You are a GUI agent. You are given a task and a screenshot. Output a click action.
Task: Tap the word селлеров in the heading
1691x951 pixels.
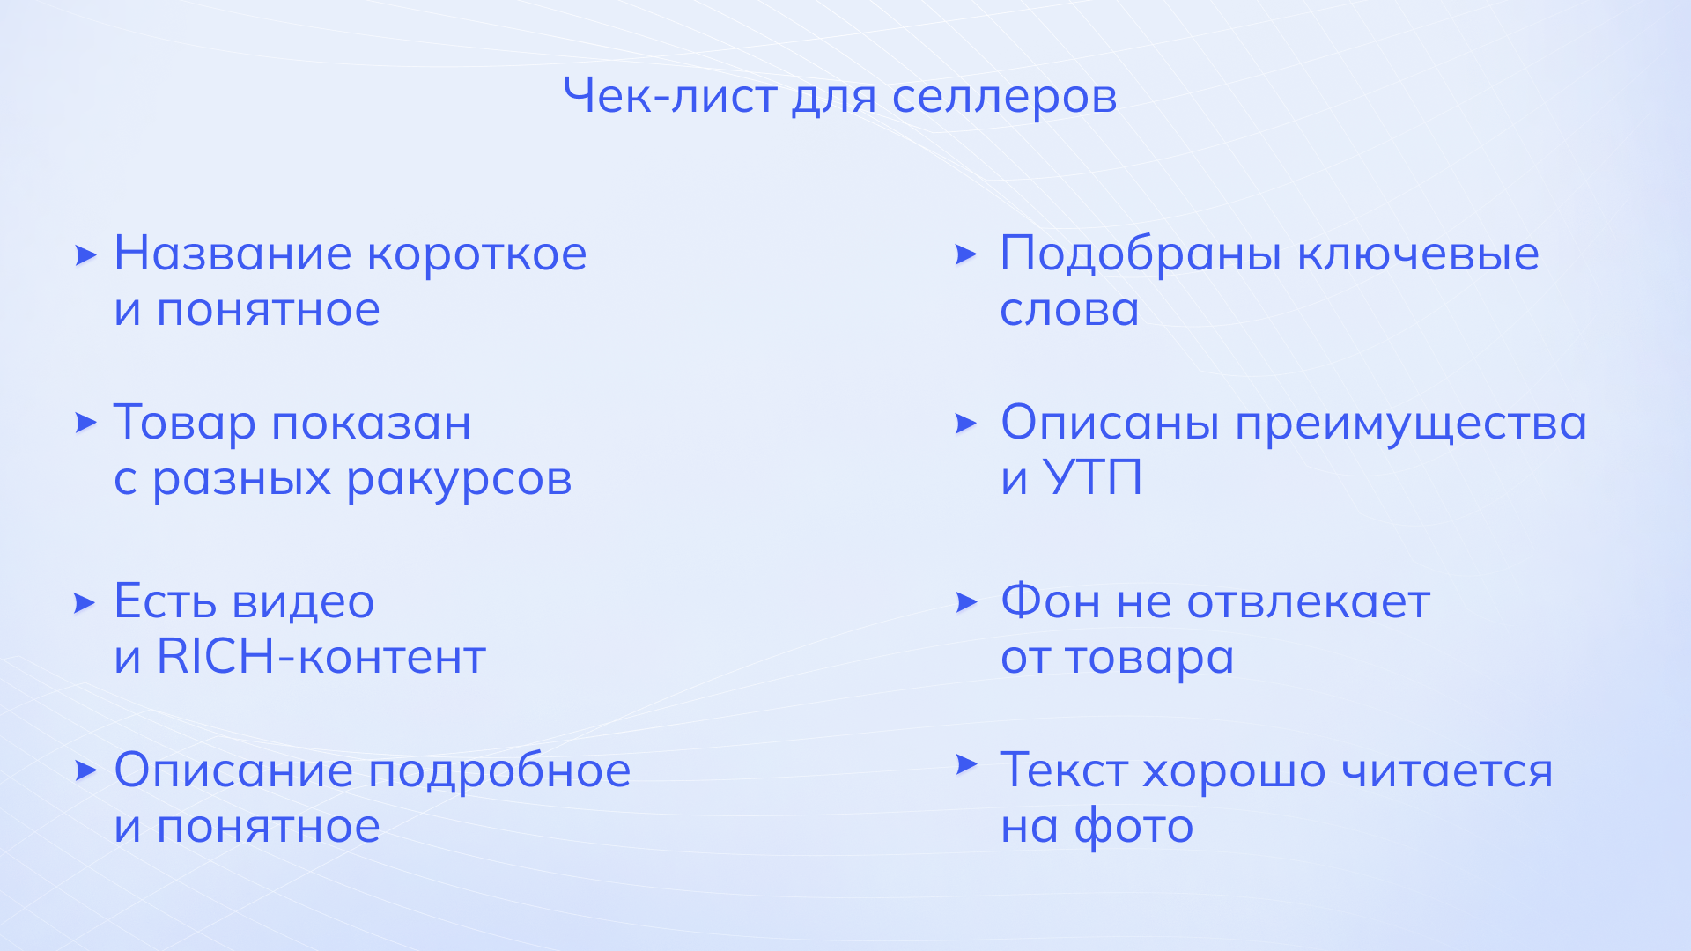(x=1004, y=99)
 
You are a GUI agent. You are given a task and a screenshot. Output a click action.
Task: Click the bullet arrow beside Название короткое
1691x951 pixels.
(x=85, y=255)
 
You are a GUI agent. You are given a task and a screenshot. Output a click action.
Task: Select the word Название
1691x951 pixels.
(x=233, y=254)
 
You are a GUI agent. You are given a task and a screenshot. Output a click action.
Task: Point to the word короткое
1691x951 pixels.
(x=476, y=254)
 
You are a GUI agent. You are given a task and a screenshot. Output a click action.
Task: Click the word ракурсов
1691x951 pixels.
(x=459, y=481)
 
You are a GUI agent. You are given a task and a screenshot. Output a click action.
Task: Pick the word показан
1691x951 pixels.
(x=371, y=424)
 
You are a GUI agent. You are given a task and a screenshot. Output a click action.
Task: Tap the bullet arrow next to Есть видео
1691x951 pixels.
(x=85, y=603)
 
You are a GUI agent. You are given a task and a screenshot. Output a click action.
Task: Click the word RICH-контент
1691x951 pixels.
(x=321, y=657)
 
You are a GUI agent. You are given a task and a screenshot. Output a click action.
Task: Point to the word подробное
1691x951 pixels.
(x=499, y=772)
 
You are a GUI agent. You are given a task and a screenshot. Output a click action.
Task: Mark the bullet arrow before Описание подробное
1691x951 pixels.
(x=85, y=771)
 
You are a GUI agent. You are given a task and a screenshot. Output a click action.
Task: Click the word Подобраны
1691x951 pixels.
(x=1141, y=255)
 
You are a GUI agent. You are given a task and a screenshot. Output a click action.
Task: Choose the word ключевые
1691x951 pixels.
(x=1418, y=254)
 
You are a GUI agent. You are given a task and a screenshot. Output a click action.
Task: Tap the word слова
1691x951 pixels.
(x=1069, y=311)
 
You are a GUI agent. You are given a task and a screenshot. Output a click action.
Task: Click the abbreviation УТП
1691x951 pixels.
(x=1092, y=478)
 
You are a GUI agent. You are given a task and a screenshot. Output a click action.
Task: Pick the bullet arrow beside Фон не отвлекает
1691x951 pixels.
(x=967, y=602)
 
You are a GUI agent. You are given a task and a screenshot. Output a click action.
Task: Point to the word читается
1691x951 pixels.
(x=1447, y=772)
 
